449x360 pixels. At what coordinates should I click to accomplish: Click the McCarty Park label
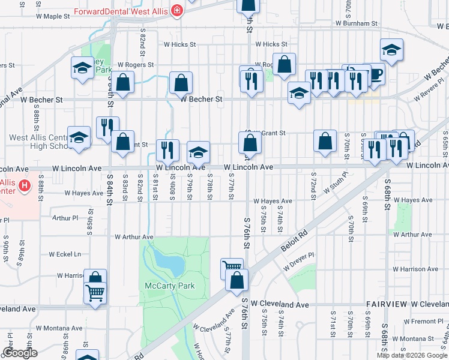coord(170,286)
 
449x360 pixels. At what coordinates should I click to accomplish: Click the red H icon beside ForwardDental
coord(176,10)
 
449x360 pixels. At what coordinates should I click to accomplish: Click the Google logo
coord(20,353)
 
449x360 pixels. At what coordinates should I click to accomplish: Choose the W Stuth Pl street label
coord(336,182)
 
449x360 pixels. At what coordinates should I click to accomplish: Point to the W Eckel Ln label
coord(65,254)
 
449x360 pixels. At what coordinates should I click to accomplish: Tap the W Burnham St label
coord(356,23)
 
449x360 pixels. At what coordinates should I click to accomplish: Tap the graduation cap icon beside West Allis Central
coord(79,137)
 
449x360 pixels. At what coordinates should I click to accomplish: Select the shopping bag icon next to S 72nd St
coord(325,142)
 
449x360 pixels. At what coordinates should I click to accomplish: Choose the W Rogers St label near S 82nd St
coord(136,64)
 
